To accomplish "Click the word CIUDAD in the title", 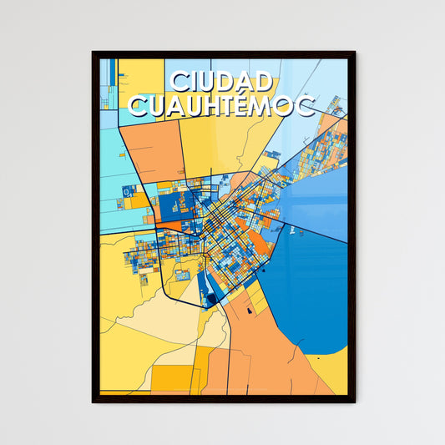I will (222, 82).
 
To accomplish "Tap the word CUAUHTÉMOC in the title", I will (222, 106).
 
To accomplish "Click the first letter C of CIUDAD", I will (178, 82).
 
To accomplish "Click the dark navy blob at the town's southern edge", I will (212, 298).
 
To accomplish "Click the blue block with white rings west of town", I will (125, 192).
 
